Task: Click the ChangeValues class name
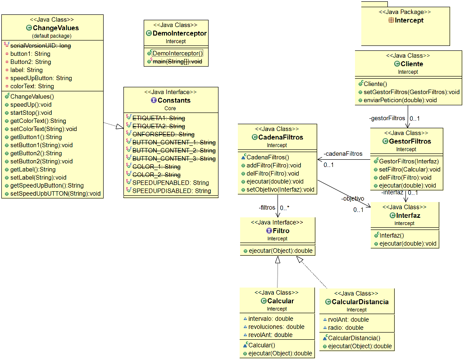pyautogui.click(x=56, y=28)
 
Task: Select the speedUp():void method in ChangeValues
pyautogui.click(x=31, y=104)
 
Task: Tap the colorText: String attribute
pyautogui.click(x=32, y=86)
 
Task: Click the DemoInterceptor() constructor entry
pyautogui.click(x=177, y=54)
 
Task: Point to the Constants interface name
pyautogui.click(x=174, y=100)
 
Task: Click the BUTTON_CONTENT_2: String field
pyautogui.click(x=173, y=150)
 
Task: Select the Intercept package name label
pyautogui.click(x=409, y=20)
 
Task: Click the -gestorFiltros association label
pyautogui.click(x=387, y=118)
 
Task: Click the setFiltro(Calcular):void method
pyautogui.click(x=407, y=169)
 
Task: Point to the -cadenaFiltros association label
pyautogui.click(x=343, y=153)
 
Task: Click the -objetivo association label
pyautogui.click(x=352, y=198)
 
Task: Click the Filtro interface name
pyautogui.click(x=281, y=231)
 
